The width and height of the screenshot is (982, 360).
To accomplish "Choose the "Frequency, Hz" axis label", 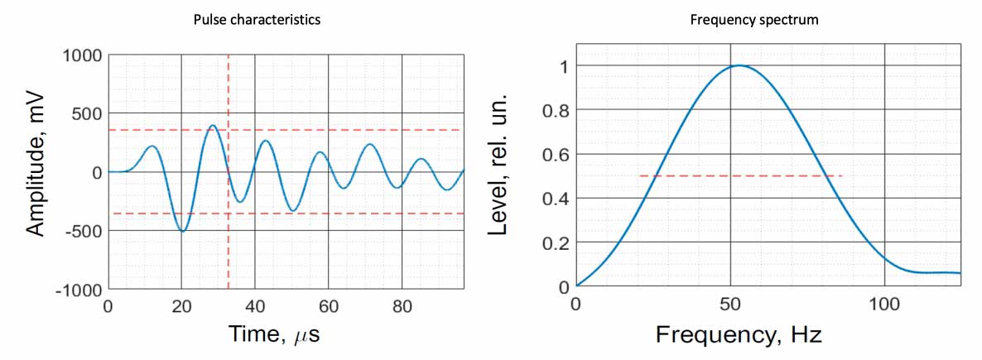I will (x=739, y=335).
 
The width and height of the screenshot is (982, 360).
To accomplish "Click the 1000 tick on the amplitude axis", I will (x=81, y=55).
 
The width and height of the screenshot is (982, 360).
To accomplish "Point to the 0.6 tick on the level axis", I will (x=554, y=154).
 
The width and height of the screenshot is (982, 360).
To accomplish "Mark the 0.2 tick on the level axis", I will (x=554, y=242).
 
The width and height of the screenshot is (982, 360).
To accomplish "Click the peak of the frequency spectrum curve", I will (x=739, y=65).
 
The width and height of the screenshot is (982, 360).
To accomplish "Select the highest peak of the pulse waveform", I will (x=213, y=126).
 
